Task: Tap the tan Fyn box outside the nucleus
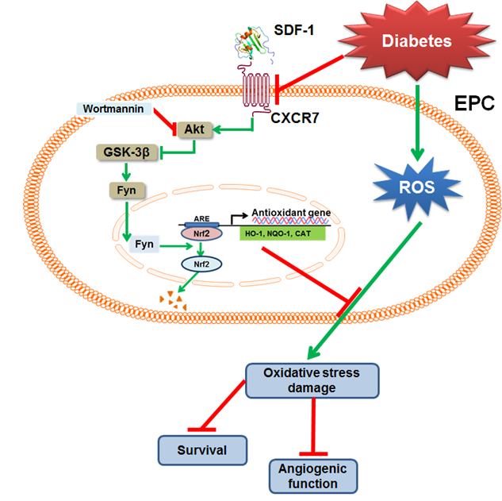pyautogui.click(x=123, y=190)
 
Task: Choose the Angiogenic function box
pyautogui.click(x=313, y=475)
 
